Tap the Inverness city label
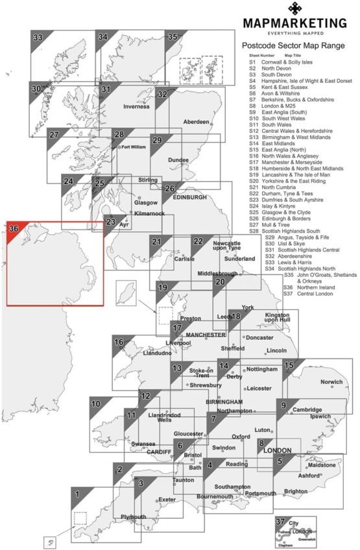(x=136, y=106)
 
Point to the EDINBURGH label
(x=190, y=197)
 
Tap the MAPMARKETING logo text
(x=294, y=24)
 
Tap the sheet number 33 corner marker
(x=38, y=38)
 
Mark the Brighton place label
(x=295, y=491)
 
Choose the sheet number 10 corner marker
(x=96, y=404)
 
